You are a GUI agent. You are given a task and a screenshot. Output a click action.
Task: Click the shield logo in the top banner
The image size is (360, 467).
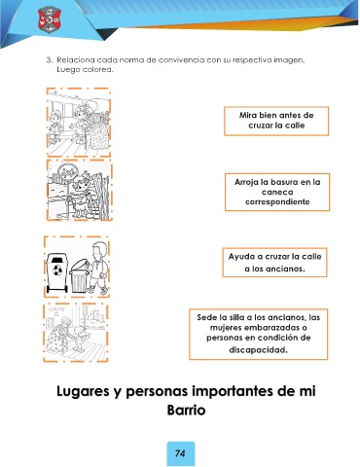click(50, 19)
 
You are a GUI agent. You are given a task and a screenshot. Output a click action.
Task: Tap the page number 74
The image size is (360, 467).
click(180, 453)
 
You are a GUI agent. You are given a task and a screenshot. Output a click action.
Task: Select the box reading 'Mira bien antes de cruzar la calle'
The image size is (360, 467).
click(276, 121)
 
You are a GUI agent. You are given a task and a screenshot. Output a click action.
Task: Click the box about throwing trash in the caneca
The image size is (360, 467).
click(277, 192)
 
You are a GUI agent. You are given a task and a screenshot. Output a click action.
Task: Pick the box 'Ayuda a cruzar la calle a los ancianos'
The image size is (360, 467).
click(274, 263)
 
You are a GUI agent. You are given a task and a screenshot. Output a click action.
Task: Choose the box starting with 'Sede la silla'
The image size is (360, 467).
click(259, 334)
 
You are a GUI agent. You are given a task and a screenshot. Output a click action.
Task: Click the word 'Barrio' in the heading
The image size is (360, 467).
click(186, 410)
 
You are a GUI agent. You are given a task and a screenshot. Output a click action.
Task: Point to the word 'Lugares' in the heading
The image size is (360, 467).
click(83, 391)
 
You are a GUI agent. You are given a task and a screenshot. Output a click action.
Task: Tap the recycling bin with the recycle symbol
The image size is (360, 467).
click(57, 272)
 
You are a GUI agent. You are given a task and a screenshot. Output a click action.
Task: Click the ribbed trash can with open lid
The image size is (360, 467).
click(79, 275)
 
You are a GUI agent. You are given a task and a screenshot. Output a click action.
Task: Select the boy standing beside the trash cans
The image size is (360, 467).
click(98, 269)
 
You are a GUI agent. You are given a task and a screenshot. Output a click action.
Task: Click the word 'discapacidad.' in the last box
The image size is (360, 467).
click(259, 350)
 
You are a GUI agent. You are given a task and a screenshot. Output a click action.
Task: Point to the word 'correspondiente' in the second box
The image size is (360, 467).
click(277, 201)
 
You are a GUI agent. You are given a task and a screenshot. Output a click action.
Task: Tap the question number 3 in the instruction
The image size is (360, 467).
click(49, 60)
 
